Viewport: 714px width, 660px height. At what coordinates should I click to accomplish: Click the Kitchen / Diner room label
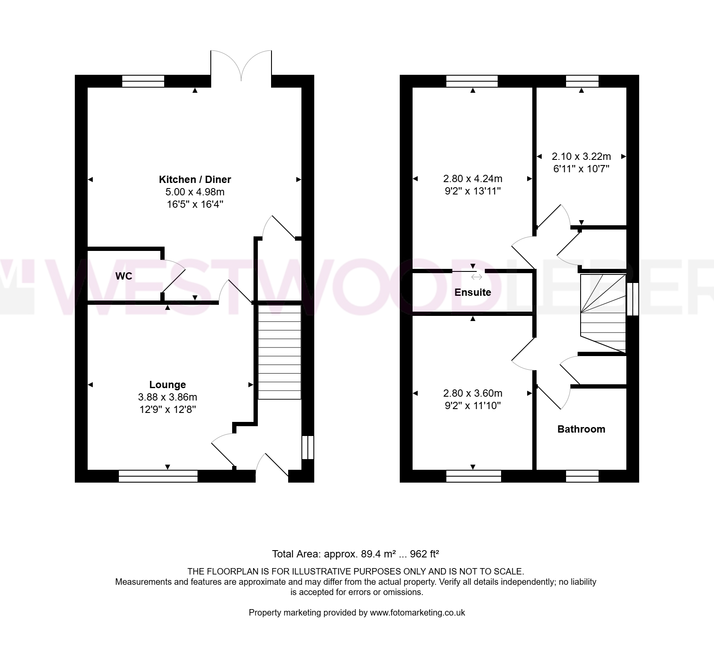coord(195,180)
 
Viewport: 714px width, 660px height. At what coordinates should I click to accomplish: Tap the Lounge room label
coord(168,385)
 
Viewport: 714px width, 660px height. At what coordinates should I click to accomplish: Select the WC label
coord(124,276)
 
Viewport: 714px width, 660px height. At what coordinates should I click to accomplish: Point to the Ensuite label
coord(472,292)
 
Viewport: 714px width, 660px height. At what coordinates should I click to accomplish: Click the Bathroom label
coord(581,429)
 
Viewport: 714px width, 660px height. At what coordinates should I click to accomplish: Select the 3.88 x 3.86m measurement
coord(168,397)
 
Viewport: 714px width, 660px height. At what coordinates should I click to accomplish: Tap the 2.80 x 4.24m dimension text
coord(473,178)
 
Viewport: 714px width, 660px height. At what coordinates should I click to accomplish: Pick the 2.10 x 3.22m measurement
coord(581,156)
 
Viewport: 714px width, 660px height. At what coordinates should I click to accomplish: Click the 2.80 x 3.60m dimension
coord(473,393)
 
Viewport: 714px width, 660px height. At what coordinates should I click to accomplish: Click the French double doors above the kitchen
coord(241,66)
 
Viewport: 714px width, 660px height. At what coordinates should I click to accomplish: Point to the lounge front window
coord(158,476)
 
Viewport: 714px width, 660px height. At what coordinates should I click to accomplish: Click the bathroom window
coord(582,476)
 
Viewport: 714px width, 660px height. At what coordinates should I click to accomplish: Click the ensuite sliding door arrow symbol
coord(476,277)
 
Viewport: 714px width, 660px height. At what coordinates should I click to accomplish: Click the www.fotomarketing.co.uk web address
coord(417,613)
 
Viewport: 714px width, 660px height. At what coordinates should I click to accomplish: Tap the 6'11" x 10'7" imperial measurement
coord(581,169)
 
